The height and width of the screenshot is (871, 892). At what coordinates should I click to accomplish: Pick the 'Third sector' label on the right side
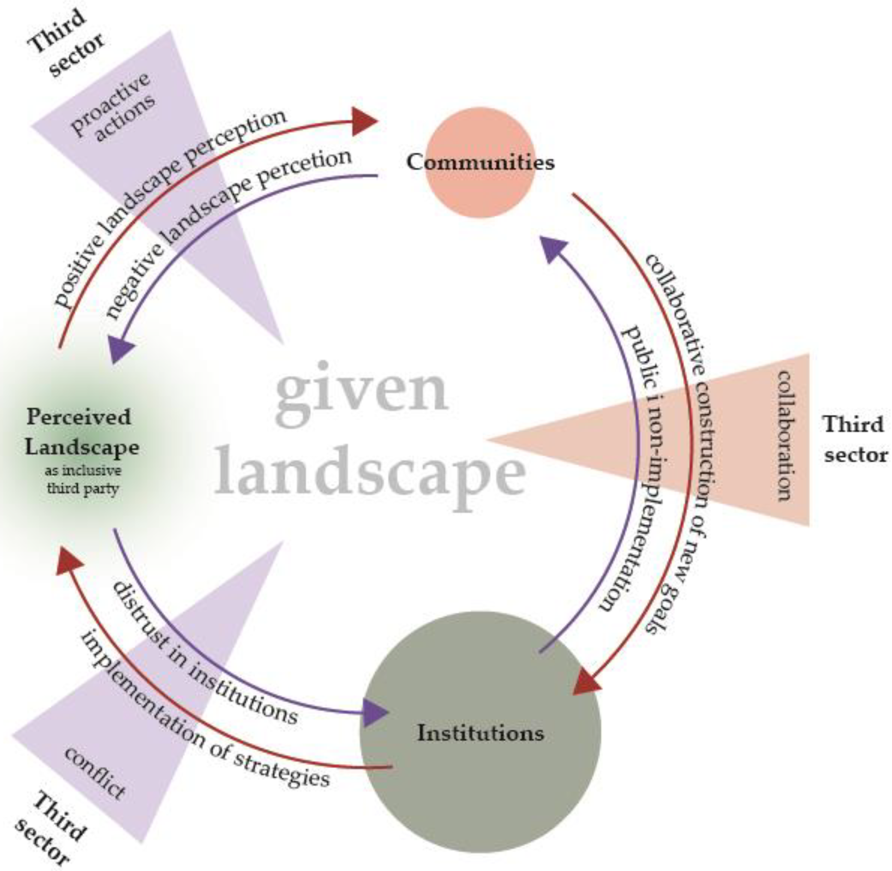coord(854,439)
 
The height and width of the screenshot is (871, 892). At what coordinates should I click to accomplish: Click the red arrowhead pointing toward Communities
coord(365,121)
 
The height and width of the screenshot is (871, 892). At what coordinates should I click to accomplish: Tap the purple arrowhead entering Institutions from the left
coord(375,712)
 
